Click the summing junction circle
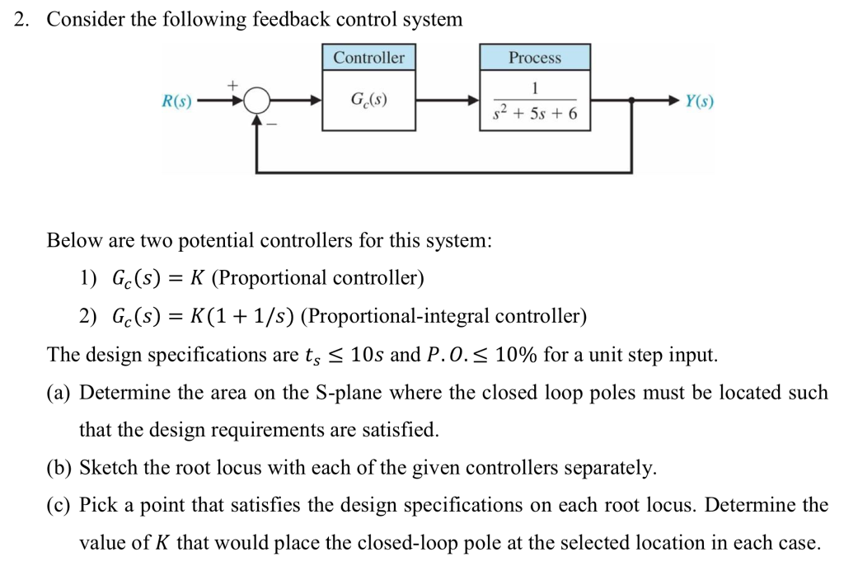(x=258, y=101)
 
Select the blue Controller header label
(x=368, y=58)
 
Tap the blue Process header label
(x=534, y=58)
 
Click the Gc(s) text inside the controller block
(x=368, y=101)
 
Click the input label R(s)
(x=176, y=101)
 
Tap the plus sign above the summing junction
(x=232, y=84)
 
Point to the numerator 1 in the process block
(x=535, y=87)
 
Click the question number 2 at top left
(x=22, y=19)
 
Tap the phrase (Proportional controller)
(x=318, y=278)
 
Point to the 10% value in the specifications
(x=516, y=355)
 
